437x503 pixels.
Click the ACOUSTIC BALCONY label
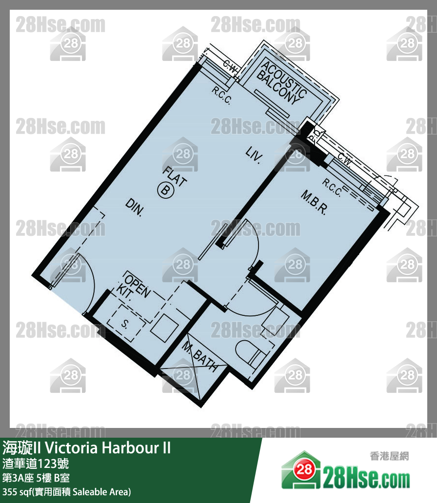click(281, 82)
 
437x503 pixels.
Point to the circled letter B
click(165, 190)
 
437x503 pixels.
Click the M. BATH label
click(199, 356)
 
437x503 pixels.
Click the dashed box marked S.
click(125, 322)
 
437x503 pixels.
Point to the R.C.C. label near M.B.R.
click(332, 187)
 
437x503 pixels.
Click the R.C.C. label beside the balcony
click(221, 95)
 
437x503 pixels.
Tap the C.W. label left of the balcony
click(231, 67)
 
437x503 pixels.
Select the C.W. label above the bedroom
click(344, 159)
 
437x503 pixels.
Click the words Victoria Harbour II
click(108, 448)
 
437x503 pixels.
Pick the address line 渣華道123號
click(36, 464)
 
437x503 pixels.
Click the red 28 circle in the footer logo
click(303, 470)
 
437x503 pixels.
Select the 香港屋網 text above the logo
click(390, 456)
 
